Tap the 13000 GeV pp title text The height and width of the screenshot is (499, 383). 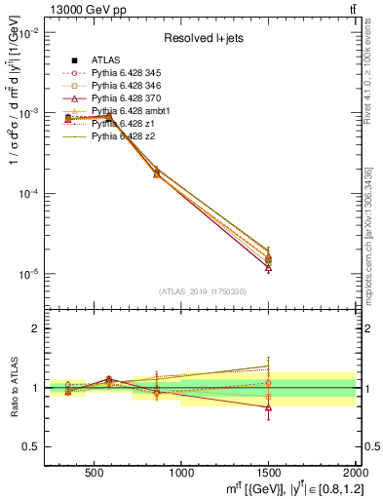pos(82,8)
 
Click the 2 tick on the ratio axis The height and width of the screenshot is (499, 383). pos(37,328)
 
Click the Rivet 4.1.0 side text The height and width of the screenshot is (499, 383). pos(375,68)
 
